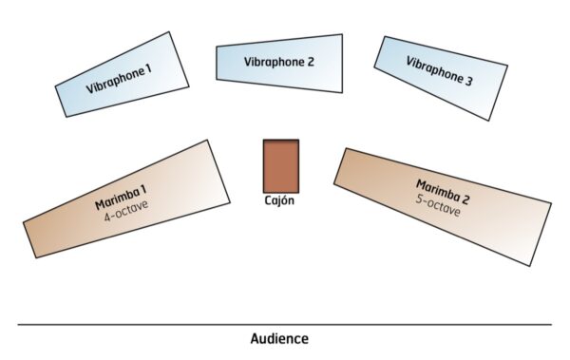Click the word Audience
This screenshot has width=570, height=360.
(279, 338)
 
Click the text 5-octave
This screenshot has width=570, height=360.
(437, 203)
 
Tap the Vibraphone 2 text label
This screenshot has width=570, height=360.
(279, 62)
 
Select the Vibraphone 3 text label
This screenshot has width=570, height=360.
(440, 73)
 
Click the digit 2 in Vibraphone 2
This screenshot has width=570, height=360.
(310, 62)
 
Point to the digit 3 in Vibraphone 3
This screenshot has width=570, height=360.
(469, 83)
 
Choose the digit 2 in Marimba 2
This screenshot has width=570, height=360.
(465, 199)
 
